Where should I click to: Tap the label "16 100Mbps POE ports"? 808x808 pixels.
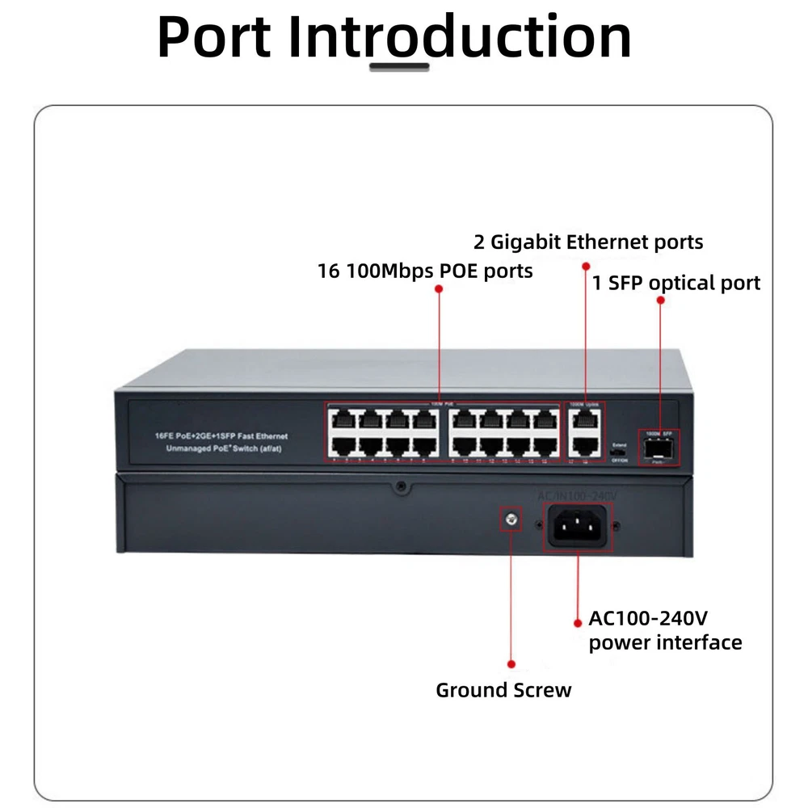click(x=425, y=270)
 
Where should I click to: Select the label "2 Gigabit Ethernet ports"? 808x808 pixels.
click(x=588, y=242)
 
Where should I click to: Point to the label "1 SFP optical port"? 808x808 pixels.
click(x=676, y=283)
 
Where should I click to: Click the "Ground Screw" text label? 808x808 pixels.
click(x=503, y=690)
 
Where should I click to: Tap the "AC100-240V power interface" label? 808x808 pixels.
click(x=665, y=631)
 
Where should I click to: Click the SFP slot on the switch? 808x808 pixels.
click(x=659, y=447)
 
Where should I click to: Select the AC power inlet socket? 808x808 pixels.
click(x=577, y=527)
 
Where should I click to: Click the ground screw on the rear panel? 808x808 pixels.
click(x=510, y=521)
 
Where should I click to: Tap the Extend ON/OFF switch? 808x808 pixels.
click(x=620, y=452)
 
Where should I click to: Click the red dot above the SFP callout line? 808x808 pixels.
click(x=660, y=300)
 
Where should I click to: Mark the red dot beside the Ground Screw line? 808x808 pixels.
click(x=511, y=663)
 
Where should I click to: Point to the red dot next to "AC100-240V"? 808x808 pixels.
click(x=578, y=623)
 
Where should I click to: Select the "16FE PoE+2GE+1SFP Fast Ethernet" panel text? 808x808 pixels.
click(x=221, y=436)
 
